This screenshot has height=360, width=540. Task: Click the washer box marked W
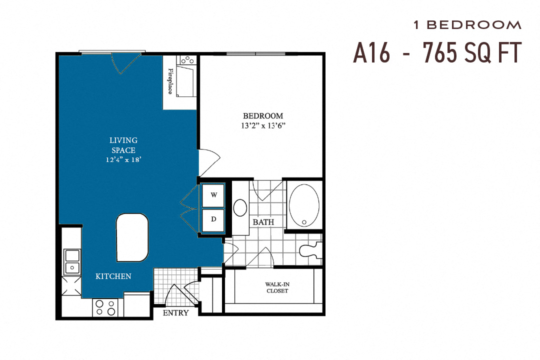click(x=213, y=195)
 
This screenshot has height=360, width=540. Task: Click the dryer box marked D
click(x=213, y=219)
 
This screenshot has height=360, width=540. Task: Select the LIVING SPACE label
click(x=123, y=145)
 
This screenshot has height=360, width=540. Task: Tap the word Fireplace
click(x=170, y=81)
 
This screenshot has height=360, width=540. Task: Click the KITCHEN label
click(x=113, y=276)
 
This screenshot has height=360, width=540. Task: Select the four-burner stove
click(x=105, y=307)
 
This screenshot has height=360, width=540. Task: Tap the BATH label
click(x=263, y=222)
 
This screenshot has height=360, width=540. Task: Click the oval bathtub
click(x=303, y=206)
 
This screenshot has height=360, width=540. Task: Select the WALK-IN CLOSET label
click(x=276, y=287)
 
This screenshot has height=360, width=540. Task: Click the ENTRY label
click(x=176, y=313)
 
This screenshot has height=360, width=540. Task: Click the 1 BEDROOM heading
click(x=467, y=24)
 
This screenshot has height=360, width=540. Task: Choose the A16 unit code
click(x=371, y=52)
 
